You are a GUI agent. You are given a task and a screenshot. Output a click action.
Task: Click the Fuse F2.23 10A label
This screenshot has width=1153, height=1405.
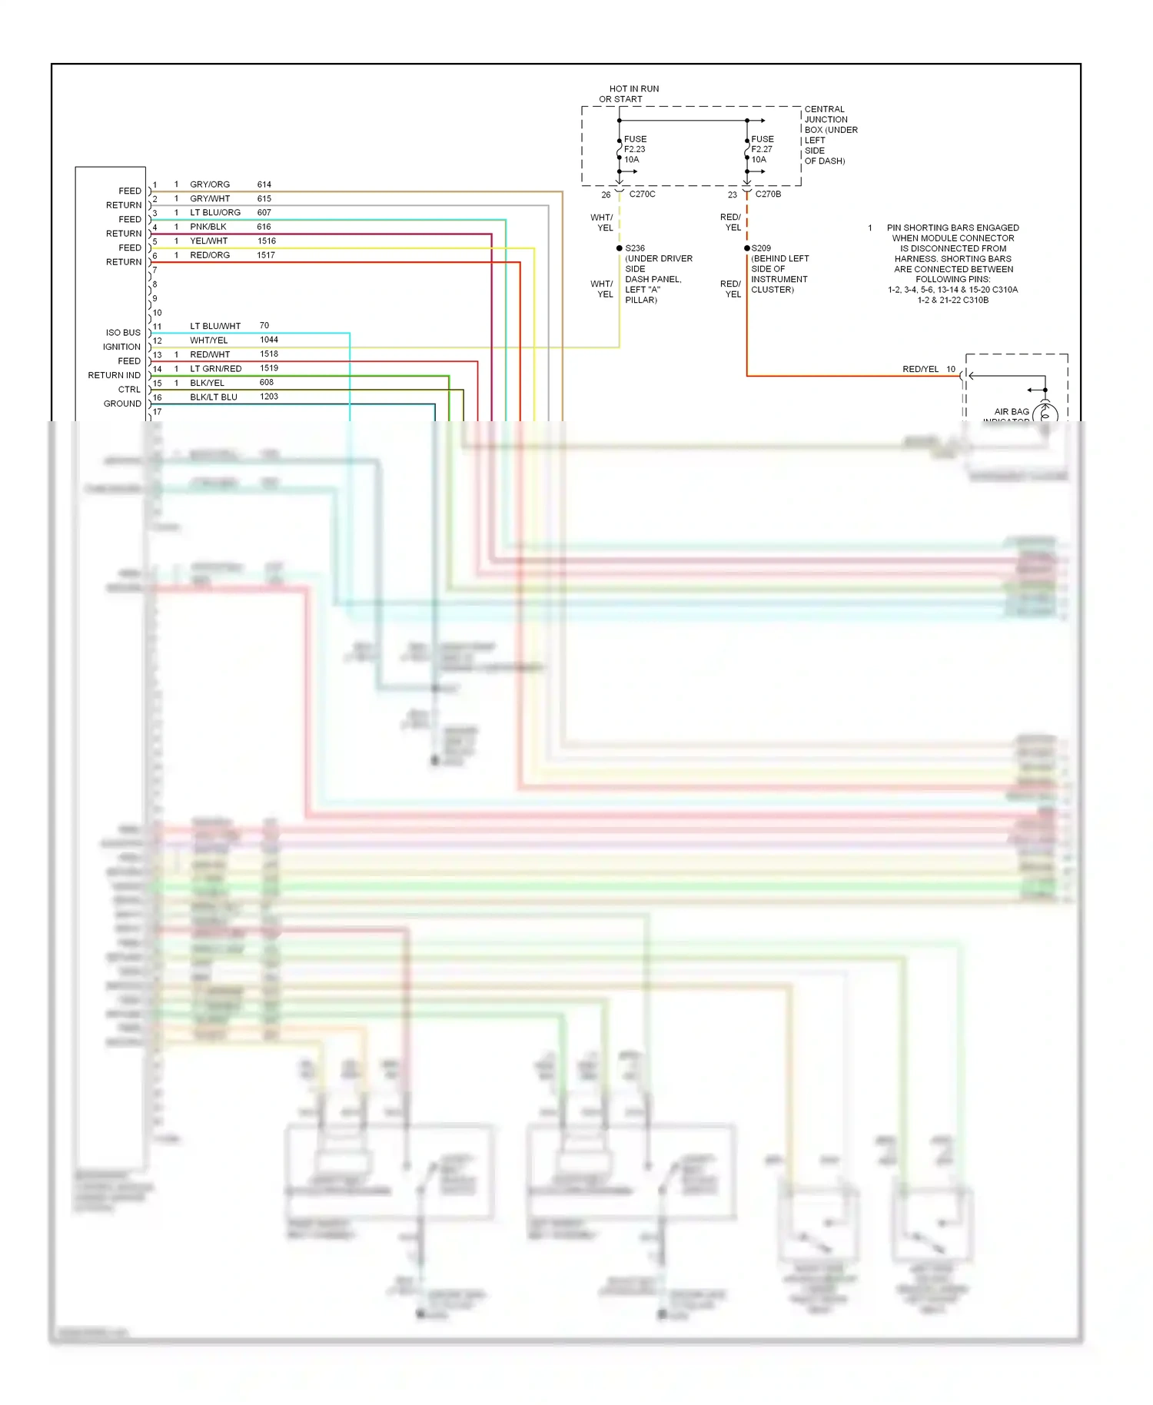tap(634, 149)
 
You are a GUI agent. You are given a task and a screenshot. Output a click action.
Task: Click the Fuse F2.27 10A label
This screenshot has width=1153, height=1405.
tap(762, 149)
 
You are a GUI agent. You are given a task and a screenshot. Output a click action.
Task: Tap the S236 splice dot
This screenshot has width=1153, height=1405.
tap(620, 248)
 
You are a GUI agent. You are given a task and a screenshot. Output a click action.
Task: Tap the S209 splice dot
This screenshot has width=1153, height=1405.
tap(746, 248)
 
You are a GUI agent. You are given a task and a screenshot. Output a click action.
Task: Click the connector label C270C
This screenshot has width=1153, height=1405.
tap(642, 194)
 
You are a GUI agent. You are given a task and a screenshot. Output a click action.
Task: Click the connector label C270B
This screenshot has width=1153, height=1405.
tap(768, 194)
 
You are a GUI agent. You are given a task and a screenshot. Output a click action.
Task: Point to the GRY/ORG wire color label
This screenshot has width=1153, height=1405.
tap(210, 184)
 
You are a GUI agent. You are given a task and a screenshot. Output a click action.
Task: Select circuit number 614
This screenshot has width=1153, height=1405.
tap(264, 184)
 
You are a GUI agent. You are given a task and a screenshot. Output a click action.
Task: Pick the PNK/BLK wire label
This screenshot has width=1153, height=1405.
tap(208, 227)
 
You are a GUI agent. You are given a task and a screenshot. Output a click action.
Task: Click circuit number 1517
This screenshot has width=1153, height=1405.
tap(266, 255)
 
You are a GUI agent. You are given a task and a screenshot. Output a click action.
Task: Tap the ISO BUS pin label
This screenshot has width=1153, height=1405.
tap(123, 333)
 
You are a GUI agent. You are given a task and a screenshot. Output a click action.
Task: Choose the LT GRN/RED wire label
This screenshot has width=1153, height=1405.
tap(216, 369)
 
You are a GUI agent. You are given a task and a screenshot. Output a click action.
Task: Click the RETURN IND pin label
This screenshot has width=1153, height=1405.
tap(115, 375)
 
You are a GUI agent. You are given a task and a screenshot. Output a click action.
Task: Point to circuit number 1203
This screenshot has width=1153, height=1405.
tap(269, 397)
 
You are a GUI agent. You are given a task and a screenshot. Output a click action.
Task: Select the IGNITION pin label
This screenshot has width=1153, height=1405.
tap(121, 347)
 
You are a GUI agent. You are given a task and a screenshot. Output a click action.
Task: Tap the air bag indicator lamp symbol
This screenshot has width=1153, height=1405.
tap(1045, 414)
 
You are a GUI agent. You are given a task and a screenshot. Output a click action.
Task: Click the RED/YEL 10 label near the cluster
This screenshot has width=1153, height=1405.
tap(928, 369)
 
